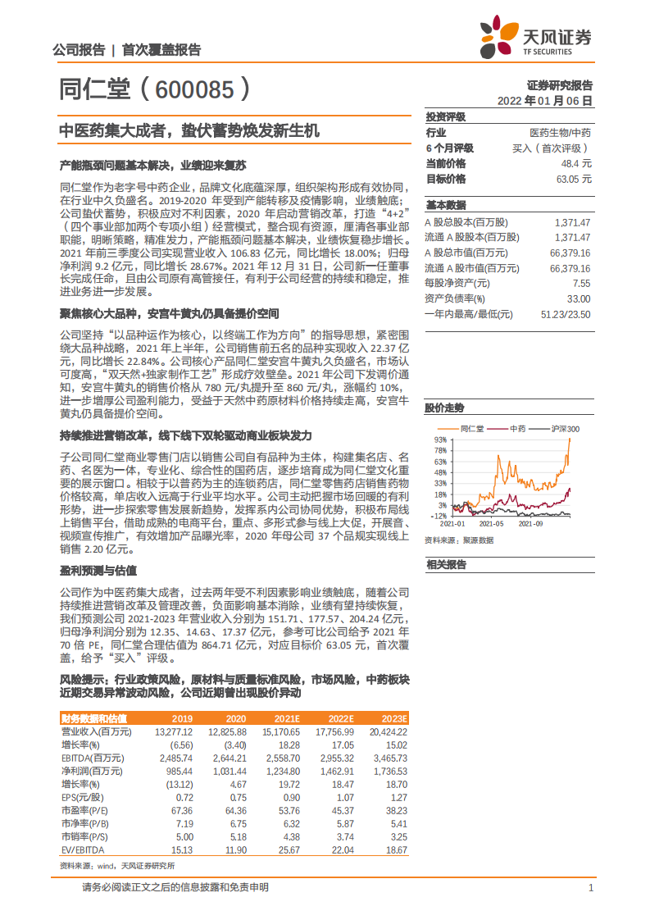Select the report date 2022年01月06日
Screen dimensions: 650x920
coord(544,101)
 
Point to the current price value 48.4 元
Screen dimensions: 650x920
coord(576,163)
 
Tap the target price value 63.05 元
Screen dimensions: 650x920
coord(573,179)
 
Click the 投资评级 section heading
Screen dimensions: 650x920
coord(445,116)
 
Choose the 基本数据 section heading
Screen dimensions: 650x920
coord(445,205)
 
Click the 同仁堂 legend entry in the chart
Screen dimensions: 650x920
coord(472,428)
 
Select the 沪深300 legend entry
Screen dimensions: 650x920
coord(566,428)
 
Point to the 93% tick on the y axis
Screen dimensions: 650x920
coord(440,440)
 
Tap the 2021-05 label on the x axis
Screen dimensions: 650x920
coord(492,522)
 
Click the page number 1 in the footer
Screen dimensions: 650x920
coord(590,887)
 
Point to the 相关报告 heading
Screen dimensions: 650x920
coord(445,564)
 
